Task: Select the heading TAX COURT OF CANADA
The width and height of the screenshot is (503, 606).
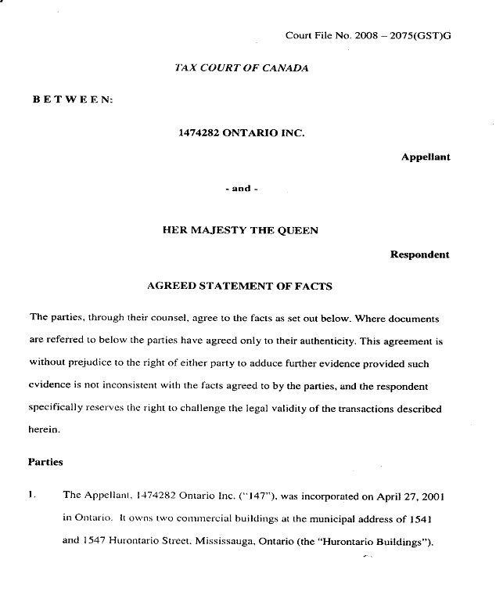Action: coord(242,68)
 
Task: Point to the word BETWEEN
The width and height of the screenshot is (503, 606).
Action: coord(73,101)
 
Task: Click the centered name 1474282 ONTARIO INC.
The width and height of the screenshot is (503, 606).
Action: coord(242,133)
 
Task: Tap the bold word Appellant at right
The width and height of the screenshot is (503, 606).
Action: coord(426,157)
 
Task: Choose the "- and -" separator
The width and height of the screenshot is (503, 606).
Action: coord(242,189)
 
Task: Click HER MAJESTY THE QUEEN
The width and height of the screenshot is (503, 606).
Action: coord(240,230)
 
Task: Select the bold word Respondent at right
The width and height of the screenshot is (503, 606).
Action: coord(420,254)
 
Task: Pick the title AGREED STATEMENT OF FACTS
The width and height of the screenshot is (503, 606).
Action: coord(239,287)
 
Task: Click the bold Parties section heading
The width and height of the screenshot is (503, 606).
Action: coord(45,462)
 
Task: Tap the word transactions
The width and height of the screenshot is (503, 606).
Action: coord(358,409)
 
